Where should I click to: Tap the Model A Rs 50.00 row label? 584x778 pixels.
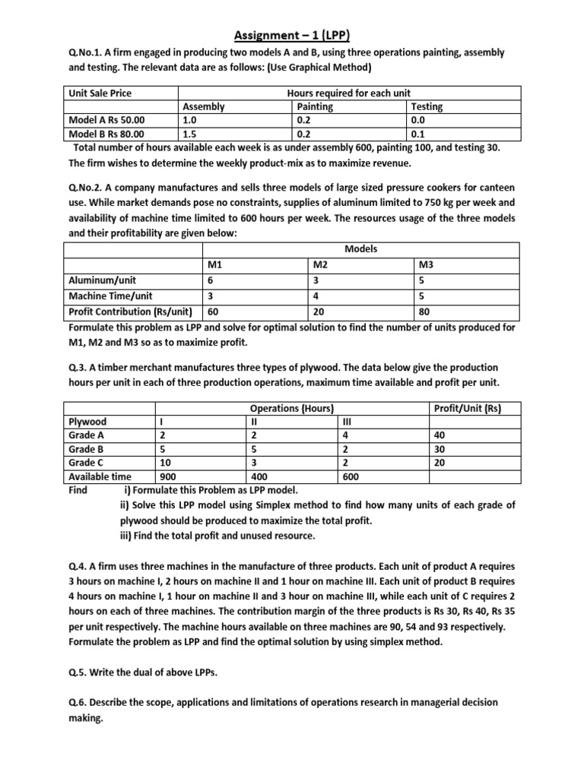click(x=106, y=119)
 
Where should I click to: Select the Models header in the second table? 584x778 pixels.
click(x=361, y=249)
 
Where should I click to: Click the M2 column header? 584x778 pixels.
click(x=322, y=265)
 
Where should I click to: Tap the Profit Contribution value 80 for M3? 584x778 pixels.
click(x=426, y=311)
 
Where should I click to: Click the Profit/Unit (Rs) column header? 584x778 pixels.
click(x=467, y=408)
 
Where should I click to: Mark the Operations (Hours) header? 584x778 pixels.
click(x=292, y=408)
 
